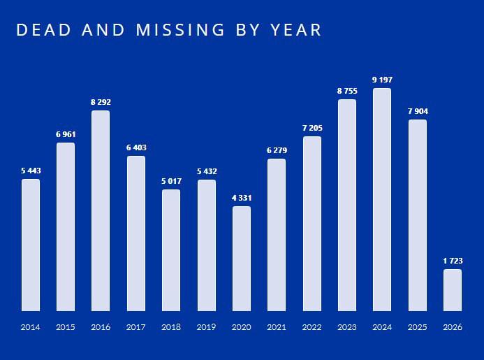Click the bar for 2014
(31, 245)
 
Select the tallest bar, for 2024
(382, 199)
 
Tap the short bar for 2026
(453, 290)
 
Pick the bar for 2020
(242, 259)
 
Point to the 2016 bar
(101, 210)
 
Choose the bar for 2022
(312, 224)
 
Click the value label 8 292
(101, 102)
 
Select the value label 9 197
(382, 80)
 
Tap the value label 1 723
(453, 261)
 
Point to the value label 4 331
(242, 198)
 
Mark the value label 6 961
(66, 134)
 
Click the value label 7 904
(417, 111)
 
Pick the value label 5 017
(171, 181)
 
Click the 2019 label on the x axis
(206, 327)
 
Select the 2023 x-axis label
(347, 327)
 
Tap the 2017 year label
(136, 327)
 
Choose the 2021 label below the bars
(277, 327)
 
